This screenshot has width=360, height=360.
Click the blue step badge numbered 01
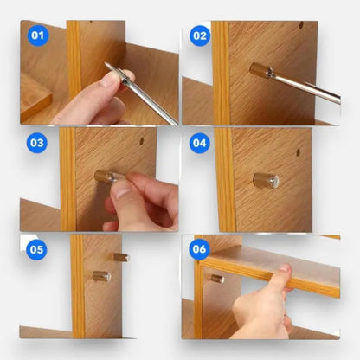pos(35,37)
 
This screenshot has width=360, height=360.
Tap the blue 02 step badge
pos(201,37)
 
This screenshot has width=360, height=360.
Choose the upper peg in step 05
pos(121,257)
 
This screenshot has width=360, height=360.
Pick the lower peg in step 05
pos(102,277)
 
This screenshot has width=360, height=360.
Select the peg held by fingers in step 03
pos(106,177)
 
